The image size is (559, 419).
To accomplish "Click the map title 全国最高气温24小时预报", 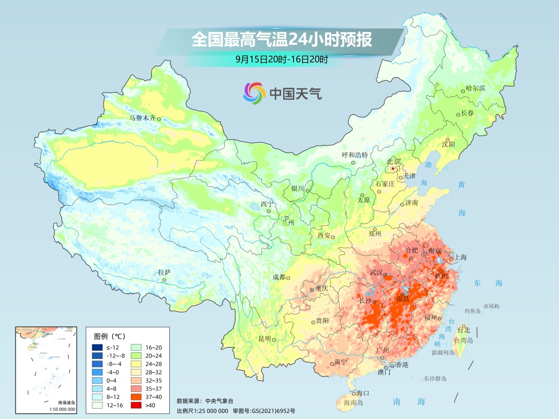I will [282, 40].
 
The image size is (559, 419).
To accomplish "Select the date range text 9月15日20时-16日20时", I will [282, 59].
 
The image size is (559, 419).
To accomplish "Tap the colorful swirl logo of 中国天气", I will [254, 93].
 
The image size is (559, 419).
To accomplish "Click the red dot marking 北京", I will [393, 169].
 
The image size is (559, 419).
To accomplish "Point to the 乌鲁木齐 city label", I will [142, 118].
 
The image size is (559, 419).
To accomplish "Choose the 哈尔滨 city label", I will [475, 88].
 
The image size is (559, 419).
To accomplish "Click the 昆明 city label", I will [264, 339].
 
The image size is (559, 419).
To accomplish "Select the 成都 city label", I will [278, 277].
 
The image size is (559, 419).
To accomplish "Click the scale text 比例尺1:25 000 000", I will [202, 411].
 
